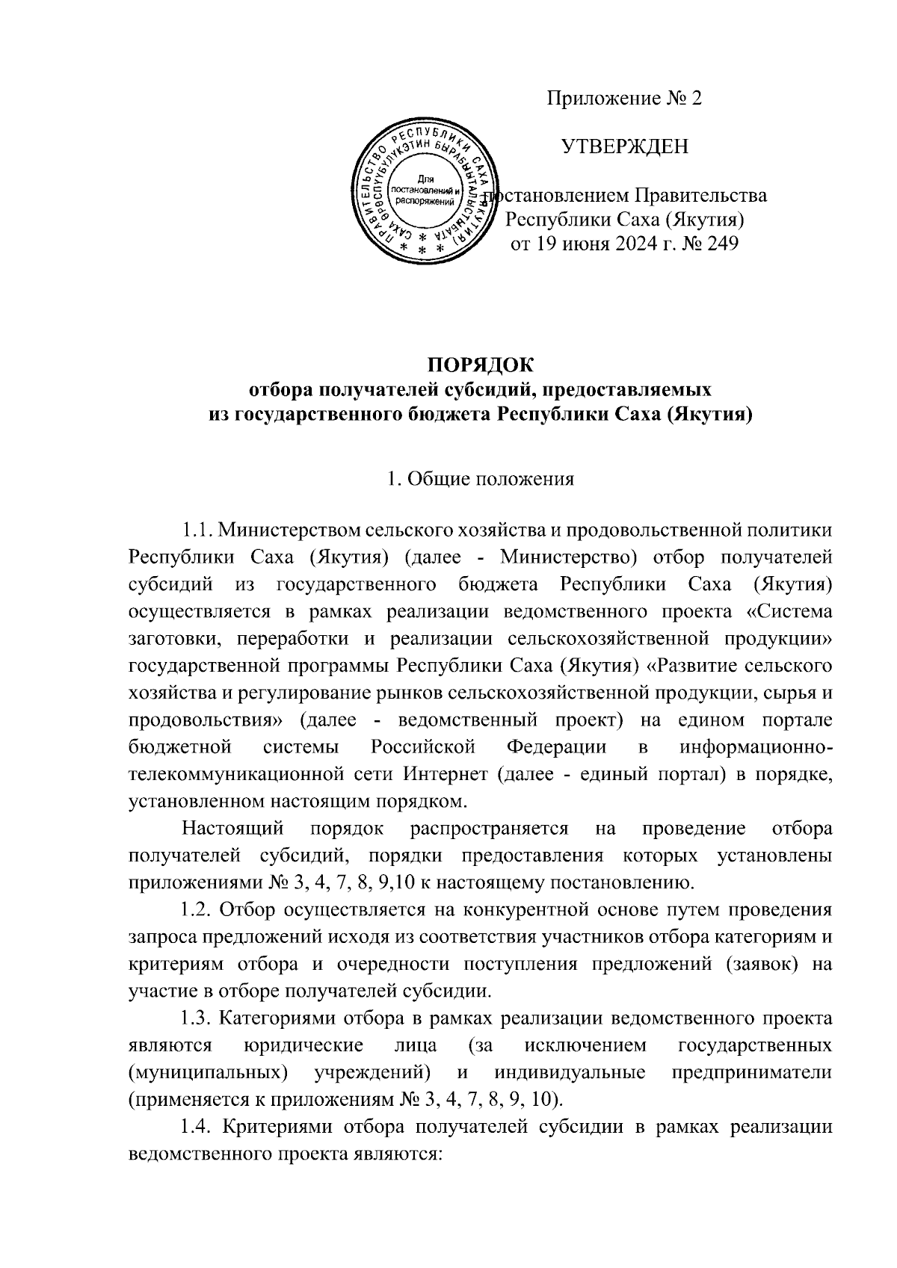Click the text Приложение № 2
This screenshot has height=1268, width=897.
tap(624, 99)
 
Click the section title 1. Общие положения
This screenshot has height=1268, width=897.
tap(481, 479)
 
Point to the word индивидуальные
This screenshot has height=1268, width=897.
tap(570, 1072)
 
